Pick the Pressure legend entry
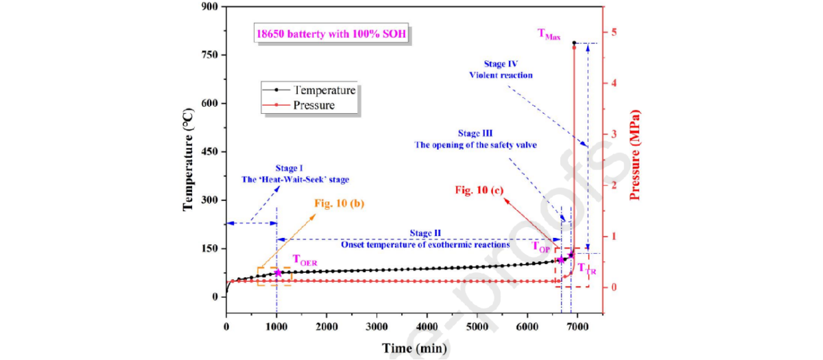313,106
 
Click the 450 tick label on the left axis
208,152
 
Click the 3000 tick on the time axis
377,326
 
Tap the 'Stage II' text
425,233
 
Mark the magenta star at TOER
278,273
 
